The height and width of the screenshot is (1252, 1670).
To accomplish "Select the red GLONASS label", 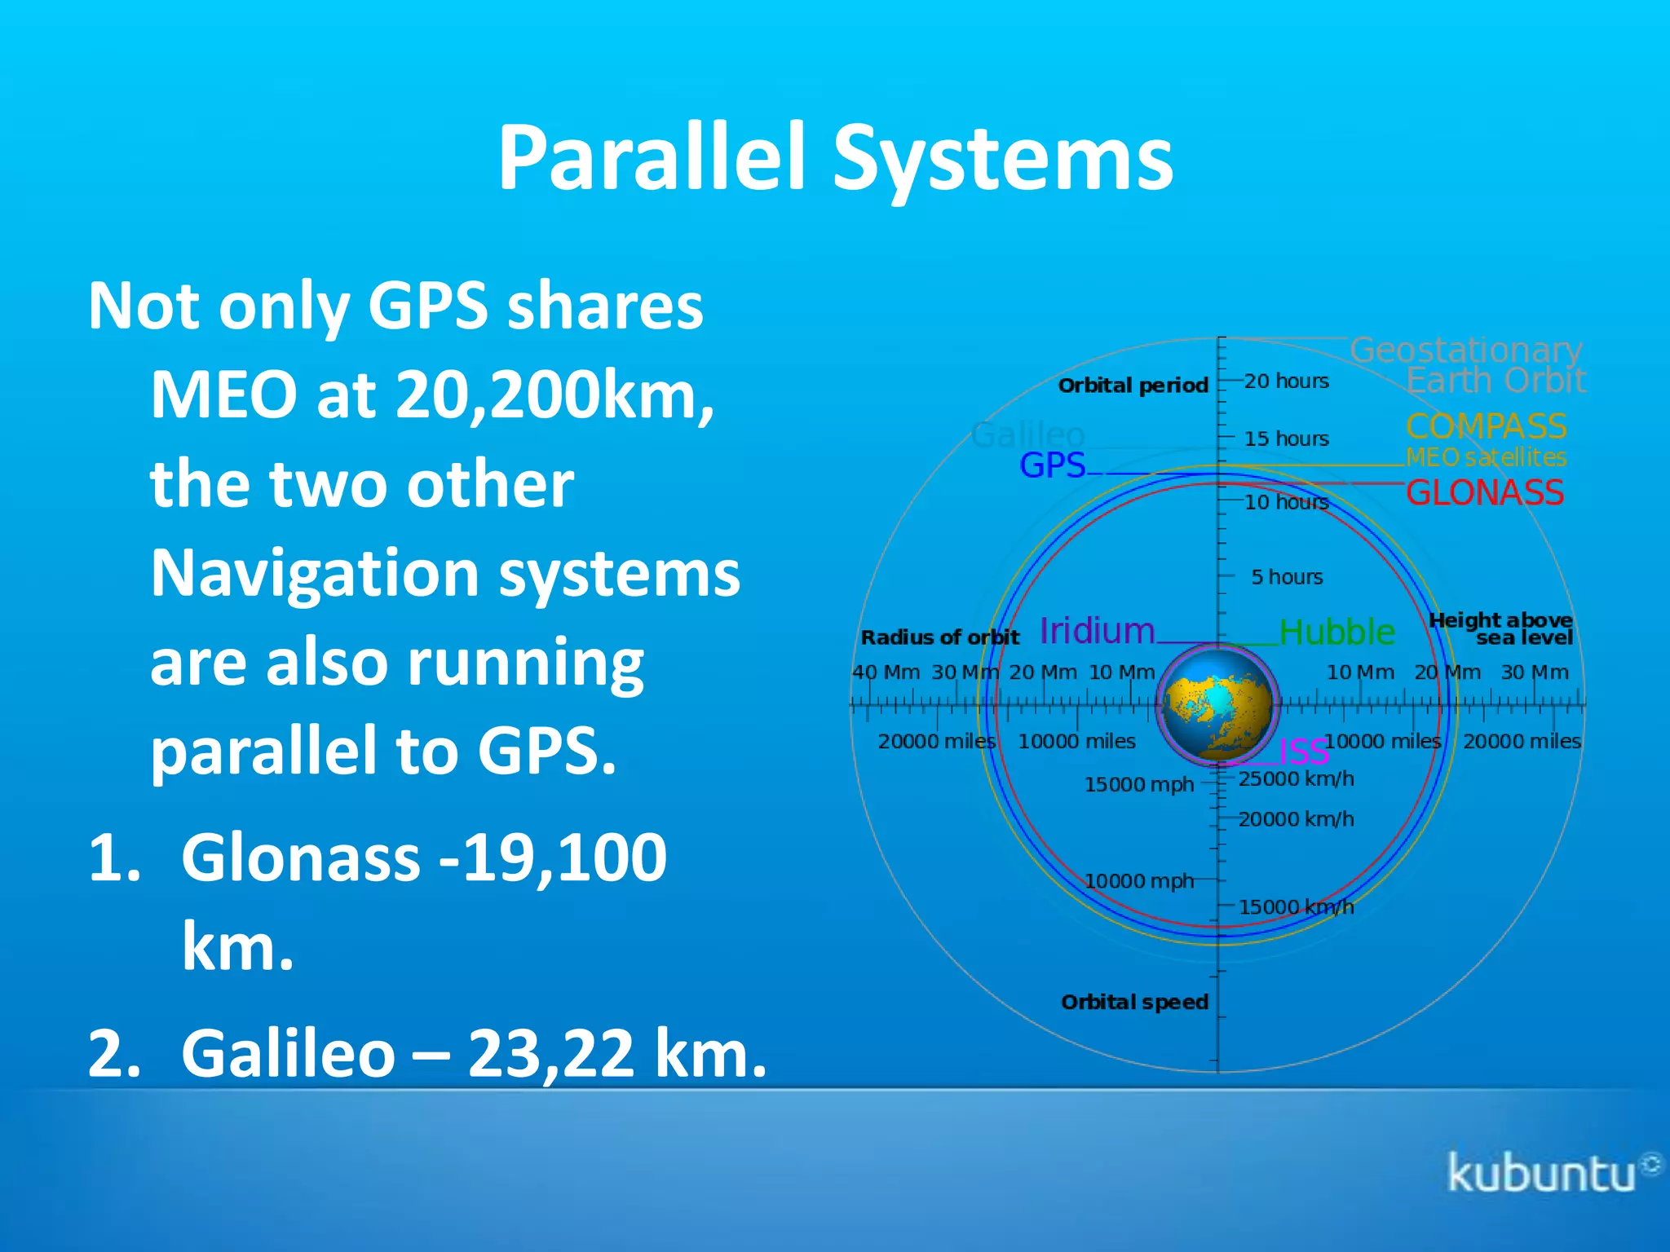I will coord(1484,492).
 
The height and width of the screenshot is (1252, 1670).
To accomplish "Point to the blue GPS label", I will coord(1052,465).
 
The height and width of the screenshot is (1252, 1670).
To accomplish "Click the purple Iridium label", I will coord(1098,631).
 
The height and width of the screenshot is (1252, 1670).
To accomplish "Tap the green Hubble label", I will coord(1337,632).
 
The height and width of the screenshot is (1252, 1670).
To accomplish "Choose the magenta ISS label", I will coord(1303,751).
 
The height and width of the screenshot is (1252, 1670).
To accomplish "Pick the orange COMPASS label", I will coord(1486,426).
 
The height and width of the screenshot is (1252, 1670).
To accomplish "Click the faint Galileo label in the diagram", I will coord(1027,434).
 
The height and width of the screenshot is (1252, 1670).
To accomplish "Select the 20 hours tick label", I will coord(1286,381).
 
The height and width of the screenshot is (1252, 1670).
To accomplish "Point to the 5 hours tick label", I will coord(1287,577).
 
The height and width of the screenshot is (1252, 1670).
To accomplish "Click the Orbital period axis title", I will coord(1133,386).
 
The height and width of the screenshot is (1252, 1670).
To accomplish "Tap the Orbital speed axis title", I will coord(1134,1002).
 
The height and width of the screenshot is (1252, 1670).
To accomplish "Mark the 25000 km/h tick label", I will coord(1296,779).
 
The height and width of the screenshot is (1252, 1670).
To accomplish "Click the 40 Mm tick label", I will coord(886,672).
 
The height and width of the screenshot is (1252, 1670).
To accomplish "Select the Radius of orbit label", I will coord(939,637).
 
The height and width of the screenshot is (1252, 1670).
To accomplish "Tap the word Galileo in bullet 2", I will coord(288,1053).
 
